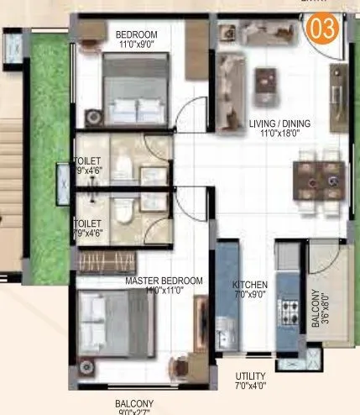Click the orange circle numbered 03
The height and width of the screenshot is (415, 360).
[x=323, y=28]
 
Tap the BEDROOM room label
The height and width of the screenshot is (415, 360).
[x=136, y=34]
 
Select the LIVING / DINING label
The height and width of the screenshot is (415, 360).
[x=279, y=123]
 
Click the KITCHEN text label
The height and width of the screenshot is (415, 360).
[x=250, y=285]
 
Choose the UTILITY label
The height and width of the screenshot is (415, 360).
[x=251, y=376]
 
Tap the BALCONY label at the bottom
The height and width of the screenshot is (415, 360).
[x=135, y=403]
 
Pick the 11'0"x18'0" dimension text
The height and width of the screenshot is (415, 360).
[x=279, y=134]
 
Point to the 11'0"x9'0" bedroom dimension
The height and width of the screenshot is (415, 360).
[x=136, y=45]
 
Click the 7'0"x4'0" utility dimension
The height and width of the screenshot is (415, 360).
[x=251, y=386]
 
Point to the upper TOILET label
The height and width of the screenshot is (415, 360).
[x=87, y=160]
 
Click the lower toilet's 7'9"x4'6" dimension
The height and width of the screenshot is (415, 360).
[x=87, y=223]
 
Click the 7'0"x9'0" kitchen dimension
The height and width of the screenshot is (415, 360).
[x=250, y=296]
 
